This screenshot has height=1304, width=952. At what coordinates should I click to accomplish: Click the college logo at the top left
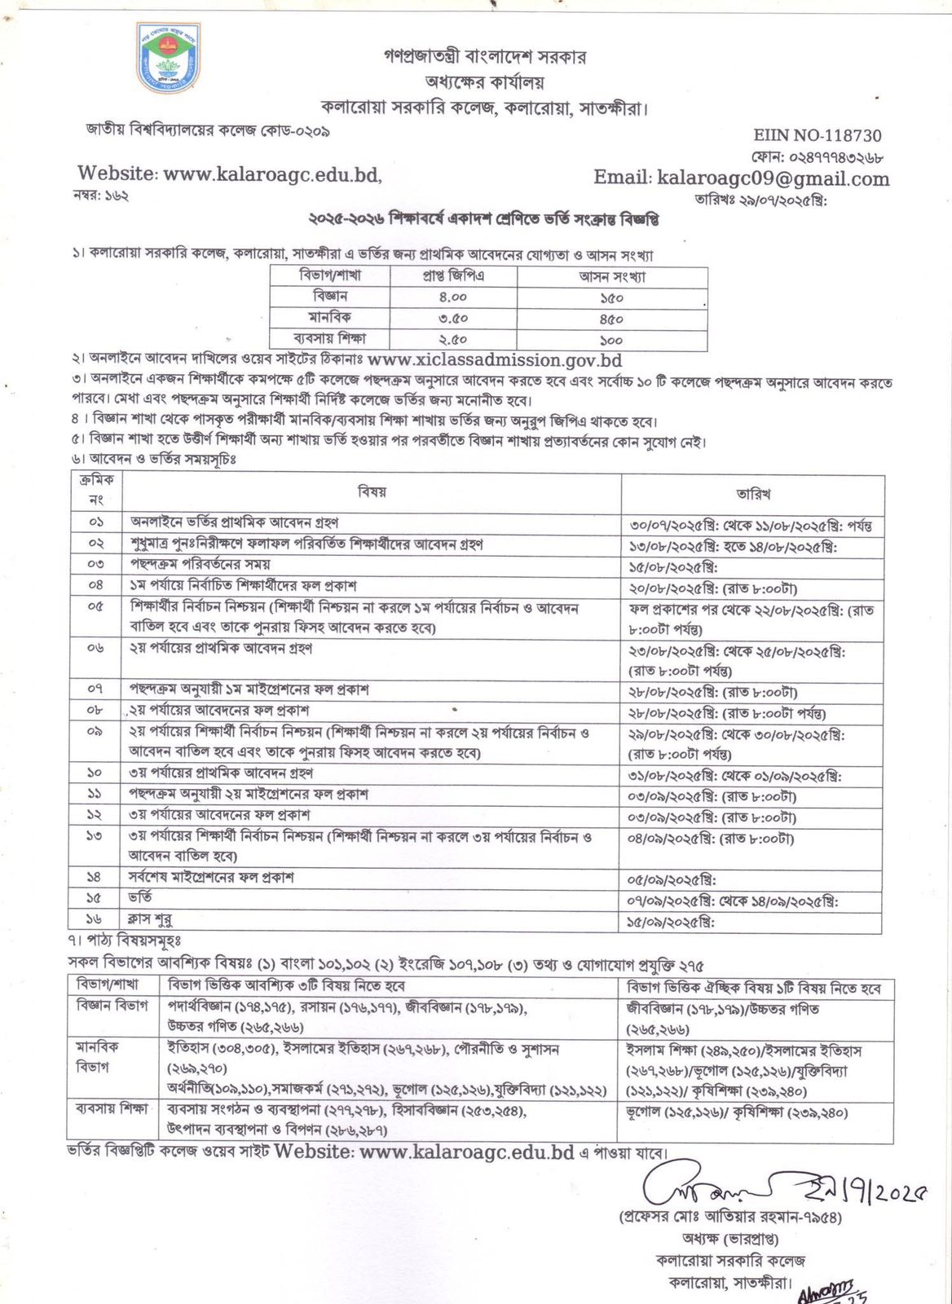(169, 58)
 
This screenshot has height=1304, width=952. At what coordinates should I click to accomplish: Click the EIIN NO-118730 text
(817, 135)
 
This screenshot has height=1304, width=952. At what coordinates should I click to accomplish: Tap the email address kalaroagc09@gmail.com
(773, 178)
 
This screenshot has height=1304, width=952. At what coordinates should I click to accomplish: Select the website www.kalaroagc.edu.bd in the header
(271, 174)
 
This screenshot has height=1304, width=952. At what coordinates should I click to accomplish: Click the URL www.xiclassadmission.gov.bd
(495, 359)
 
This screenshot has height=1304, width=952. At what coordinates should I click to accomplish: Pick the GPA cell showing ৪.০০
(453, 297)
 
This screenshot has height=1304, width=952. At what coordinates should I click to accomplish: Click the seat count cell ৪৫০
(611, 319)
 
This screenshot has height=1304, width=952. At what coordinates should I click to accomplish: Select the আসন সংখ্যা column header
(612, 276)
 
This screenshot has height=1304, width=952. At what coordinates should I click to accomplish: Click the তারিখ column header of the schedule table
(752, 493)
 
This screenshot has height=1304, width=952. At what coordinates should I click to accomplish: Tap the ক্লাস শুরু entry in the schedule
(151, 920)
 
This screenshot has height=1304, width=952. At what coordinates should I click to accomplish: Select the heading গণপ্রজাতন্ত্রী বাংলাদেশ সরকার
(485, 57)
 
